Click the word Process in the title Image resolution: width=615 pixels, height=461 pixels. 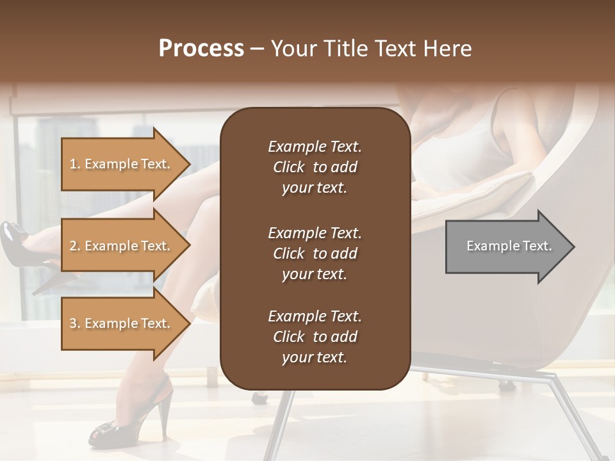point(201,49)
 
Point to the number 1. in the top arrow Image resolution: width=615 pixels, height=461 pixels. point(75,164)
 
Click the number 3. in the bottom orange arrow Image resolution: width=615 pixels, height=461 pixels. point(75,323)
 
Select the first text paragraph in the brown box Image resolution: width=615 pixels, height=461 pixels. point(315,167)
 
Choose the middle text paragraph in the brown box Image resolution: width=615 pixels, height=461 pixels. point(315,253)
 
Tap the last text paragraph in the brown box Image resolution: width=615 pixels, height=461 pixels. point(315,337)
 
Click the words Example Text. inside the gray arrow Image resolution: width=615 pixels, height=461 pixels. point(509,246)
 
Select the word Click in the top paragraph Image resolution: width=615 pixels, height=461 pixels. point(288,167)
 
